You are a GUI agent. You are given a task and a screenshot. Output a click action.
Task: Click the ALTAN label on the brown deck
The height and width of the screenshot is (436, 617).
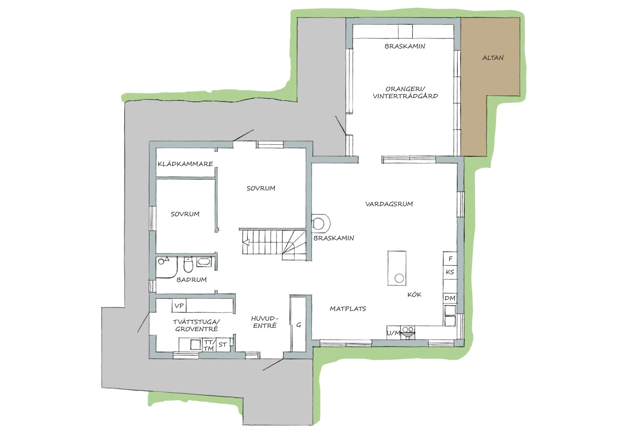493,58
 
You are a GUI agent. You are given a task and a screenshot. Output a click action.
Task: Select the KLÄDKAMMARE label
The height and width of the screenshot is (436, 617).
185,164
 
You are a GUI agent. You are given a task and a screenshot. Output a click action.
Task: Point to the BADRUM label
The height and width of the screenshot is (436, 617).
192,280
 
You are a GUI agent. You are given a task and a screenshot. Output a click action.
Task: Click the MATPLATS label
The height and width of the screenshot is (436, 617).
348,309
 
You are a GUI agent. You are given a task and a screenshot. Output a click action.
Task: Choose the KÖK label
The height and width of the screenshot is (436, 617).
414,294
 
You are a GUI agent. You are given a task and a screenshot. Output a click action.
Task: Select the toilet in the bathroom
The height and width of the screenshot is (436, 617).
188,264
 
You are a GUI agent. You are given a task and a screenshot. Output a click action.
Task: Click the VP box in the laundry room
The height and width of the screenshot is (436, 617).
179,306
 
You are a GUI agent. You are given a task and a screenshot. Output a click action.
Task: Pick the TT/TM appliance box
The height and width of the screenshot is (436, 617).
209,345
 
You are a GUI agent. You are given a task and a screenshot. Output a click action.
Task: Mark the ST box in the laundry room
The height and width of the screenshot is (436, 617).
223,344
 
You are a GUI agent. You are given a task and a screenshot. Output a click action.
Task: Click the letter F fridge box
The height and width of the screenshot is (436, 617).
450,259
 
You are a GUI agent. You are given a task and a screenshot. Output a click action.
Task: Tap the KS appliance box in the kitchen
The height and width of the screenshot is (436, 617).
450,272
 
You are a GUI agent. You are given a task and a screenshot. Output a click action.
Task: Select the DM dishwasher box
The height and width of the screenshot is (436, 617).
450,298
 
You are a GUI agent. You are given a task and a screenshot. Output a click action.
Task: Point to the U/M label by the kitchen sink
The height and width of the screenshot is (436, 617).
393,333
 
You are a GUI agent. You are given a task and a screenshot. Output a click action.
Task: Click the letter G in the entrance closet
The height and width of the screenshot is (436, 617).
299,325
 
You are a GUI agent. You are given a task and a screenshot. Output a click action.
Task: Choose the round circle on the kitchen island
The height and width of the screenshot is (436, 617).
399,278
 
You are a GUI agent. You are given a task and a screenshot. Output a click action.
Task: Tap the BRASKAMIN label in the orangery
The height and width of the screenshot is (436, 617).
405,46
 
